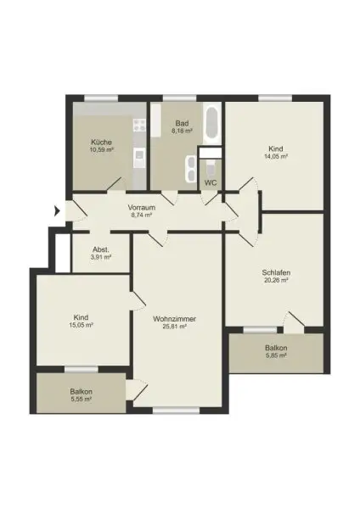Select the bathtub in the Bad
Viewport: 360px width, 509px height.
tap(211, 126)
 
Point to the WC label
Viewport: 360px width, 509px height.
tap(211, 182)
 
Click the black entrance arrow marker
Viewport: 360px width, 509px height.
tap(58, 210)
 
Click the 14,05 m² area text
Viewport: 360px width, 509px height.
tap(274, 156)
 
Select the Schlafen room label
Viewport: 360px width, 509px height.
tap(276, 272)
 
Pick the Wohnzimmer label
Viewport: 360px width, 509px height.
tap(175, 319)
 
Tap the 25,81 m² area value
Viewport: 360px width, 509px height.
tap(175, 327)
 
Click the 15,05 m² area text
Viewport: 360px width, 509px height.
tap(81, 324)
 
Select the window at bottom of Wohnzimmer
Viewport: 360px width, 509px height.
tap(174, 411)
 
